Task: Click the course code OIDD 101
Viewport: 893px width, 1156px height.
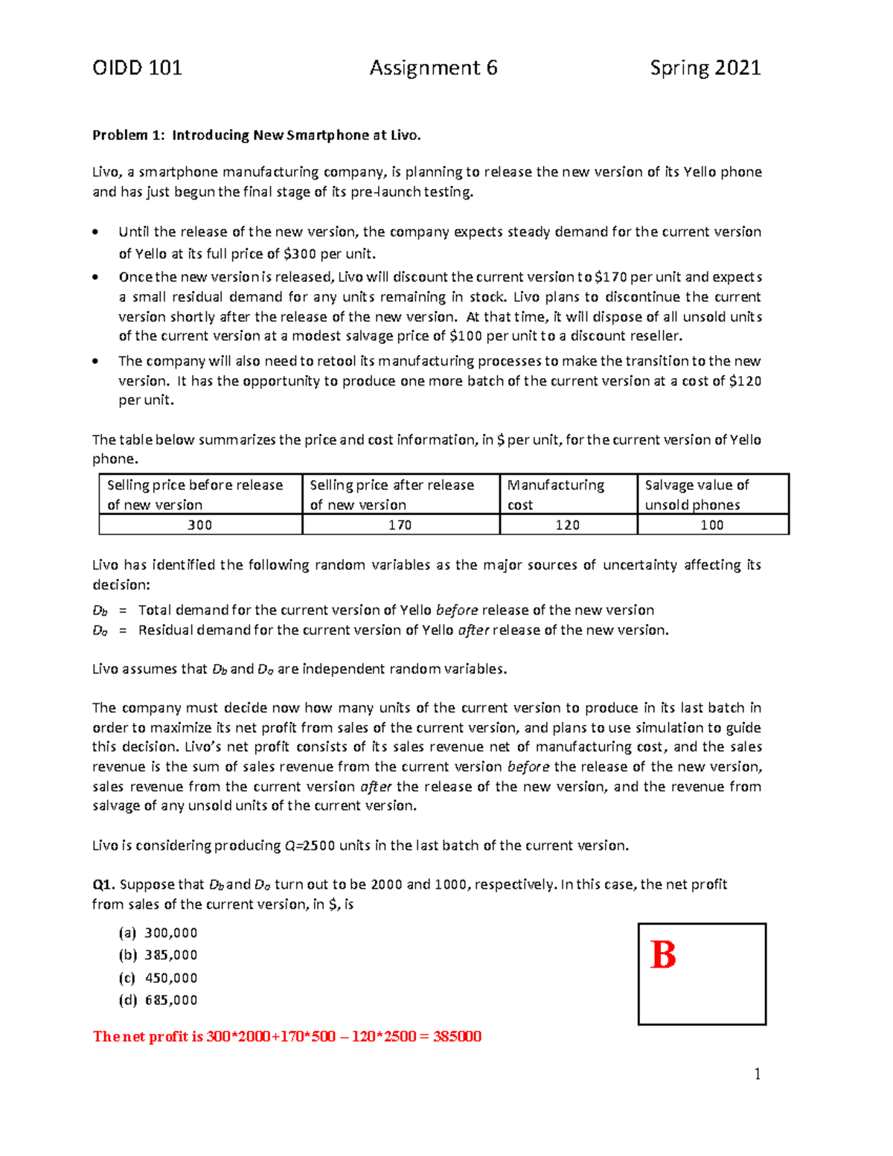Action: [x=137, y=68]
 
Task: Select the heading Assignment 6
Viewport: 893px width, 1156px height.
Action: [x=433, y=68]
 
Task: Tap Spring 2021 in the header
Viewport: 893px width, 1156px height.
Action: [x=705, y=68]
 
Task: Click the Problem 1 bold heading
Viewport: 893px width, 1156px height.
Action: [x=256, y=135]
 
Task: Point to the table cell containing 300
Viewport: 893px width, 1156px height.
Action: [x=199, y=525]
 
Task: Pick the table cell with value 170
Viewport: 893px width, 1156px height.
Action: [x=400, y=525]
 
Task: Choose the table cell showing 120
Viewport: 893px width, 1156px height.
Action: [x=567, y=525]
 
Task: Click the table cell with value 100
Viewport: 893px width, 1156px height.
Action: [x=711, y=525]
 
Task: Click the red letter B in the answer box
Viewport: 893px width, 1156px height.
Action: [x=663, y=955]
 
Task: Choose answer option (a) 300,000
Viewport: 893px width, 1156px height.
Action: [x=158, y=933]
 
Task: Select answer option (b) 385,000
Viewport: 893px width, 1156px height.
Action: [x=158, y=955]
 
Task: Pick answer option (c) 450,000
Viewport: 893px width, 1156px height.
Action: [x=158, y=978]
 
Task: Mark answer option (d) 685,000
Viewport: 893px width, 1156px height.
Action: [x=158, y=1000]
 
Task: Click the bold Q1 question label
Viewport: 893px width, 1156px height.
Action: [x=103, y=884]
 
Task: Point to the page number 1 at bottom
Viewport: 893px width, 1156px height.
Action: [x=757, y=1073]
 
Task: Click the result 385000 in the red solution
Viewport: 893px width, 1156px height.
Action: [x=455, y=1036]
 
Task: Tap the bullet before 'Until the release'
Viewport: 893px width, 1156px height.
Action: [x=95, y=233]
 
